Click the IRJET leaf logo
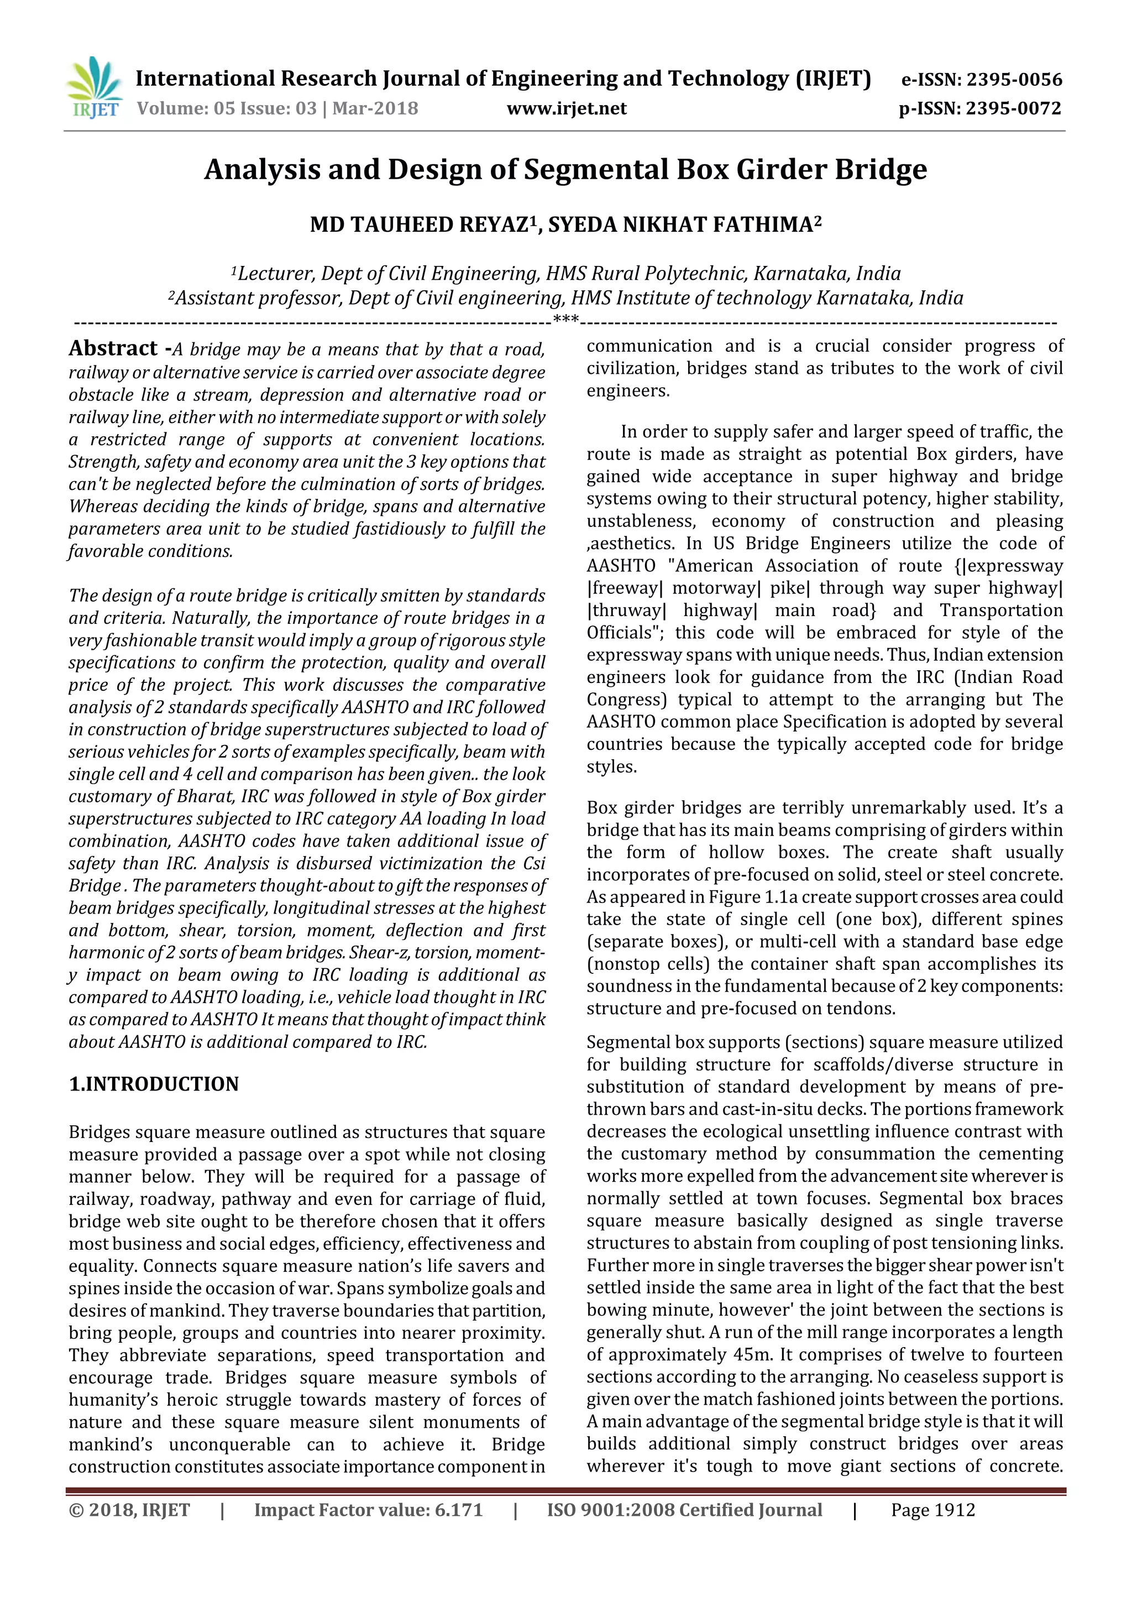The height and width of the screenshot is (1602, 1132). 94,87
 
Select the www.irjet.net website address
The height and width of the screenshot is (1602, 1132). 567,109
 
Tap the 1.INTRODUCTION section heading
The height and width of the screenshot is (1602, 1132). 154,1084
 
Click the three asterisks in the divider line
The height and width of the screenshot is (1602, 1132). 565,320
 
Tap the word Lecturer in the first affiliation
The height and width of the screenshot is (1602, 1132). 276,274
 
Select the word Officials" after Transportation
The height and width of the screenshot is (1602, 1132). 624,633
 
